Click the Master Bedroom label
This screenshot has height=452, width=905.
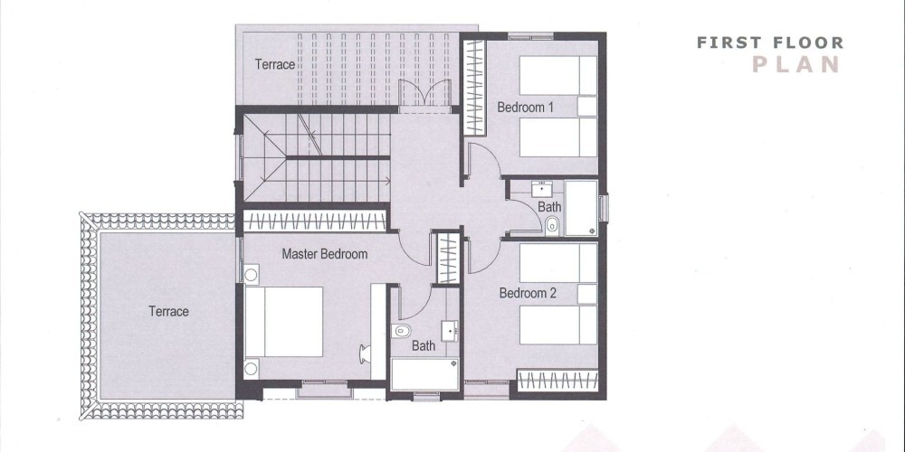(x=324, y=254)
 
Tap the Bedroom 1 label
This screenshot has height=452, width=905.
(x=525, y=108)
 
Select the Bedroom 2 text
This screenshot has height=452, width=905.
(x=528, y=293)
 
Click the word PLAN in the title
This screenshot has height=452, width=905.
(x=795, y=64)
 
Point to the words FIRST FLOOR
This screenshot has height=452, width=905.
(x=770, y=42)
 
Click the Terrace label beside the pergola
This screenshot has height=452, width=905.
(x=275, y=64)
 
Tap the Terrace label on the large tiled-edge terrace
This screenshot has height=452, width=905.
(x=168, y=311)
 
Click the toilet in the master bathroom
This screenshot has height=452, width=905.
(x=401, y=330)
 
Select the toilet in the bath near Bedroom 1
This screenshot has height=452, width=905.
(x=552, y=225)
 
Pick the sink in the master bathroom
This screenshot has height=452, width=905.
(x=450, y=331)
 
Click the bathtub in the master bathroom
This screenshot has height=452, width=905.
(x=424, y=374)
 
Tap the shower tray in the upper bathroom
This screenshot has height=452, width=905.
(x=581, y=208)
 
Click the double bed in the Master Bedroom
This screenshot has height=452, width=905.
(x=283, y=322)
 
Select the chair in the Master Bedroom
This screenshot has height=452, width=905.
(x=365, y=353)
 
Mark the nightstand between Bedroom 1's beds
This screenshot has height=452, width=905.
(x=587, y=107)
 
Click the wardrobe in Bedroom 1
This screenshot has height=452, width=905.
(x=476, y=87)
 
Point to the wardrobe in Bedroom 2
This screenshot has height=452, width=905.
(x=557, y=381)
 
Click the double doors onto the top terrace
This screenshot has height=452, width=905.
(x=424, y=93)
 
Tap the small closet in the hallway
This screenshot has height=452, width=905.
(x=448, y=259)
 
